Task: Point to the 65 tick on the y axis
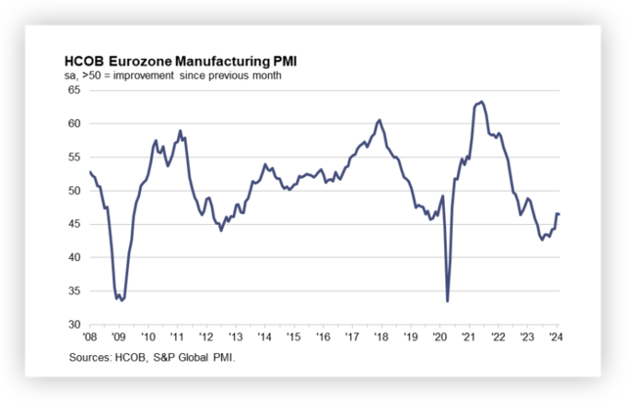coord(75,90)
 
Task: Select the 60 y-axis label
coord(75,123)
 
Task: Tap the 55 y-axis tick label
coord(75,157)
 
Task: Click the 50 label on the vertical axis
coord(75,191)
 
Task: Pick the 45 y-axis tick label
coord(75,224)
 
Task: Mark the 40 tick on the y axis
coord(75,258)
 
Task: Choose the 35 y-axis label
coord(75,291)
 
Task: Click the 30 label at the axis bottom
coord(75,325)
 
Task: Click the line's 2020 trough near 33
coord(447,301)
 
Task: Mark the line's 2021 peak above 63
coord(480,101)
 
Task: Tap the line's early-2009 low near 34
coord(120,300)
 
